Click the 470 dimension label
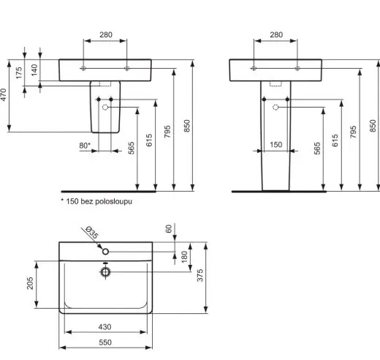pos(4,94)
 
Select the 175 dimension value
pos(19,73)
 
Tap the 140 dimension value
pos(34,70)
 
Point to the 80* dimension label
pos(85,146)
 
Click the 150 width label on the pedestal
pos(276,145)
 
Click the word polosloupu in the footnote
pos(113,201)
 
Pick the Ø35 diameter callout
pos(92,233)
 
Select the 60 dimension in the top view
pos(169,229)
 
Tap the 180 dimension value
pos(184,257)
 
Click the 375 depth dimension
pos(200,275)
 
